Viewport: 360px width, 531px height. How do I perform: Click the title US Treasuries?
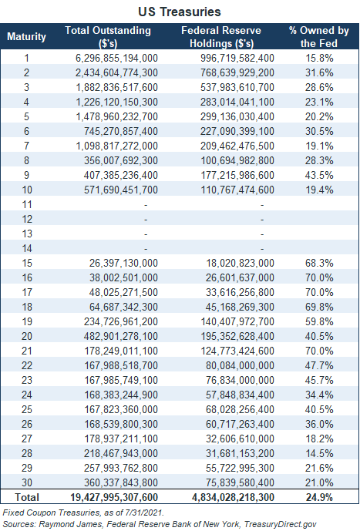[x=180, y=12]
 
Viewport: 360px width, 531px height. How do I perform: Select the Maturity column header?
[x=26, y=36]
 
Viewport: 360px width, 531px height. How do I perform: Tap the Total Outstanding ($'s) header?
[x=108, y=37]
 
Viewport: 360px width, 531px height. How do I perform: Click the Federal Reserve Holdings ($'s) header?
[x=221, y=37]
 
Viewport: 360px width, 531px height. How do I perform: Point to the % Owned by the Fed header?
[x=318, y=37]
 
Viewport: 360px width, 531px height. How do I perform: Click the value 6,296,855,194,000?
[x=116, y=59]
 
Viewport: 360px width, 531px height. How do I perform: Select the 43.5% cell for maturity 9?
[x=319, y=175]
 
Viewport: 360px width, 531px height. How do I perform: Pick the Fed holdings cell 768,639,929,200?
[x=237, y=72]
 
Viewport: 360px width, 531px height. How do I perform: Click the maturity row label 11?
[x=27, y=204]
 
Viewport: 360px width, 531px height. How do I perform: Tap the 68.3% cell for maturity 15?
[x=319, y=263]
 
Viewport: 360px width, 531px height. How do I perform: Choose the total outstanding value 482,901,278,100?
[x=121, y=336]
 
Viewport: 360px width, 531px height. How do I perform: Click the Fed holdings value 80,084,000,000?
[x=240, y=366]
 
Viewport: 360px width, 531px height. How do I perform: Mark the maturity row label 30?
[x=27, y=482]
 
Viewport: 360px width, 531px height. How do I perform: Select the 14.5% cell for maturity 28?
[x=319, y=453]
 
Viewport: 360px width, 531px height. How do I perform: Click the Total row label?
[x=27, y=497]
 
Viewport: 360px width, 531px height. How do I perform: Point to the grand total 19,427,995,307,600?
[x=114, y=497]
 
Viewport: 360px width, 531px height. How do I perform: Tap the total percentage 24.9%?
[x=319, y=497]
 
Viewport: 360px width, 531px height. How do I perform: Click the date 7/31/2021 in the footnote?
[x=144, y=513]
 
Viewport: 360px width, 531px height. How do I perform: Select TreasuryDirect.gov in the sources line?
[x=280, y=525]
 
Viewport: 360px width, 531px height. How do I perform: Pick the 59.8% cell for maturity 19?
[x=319, y=321]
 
